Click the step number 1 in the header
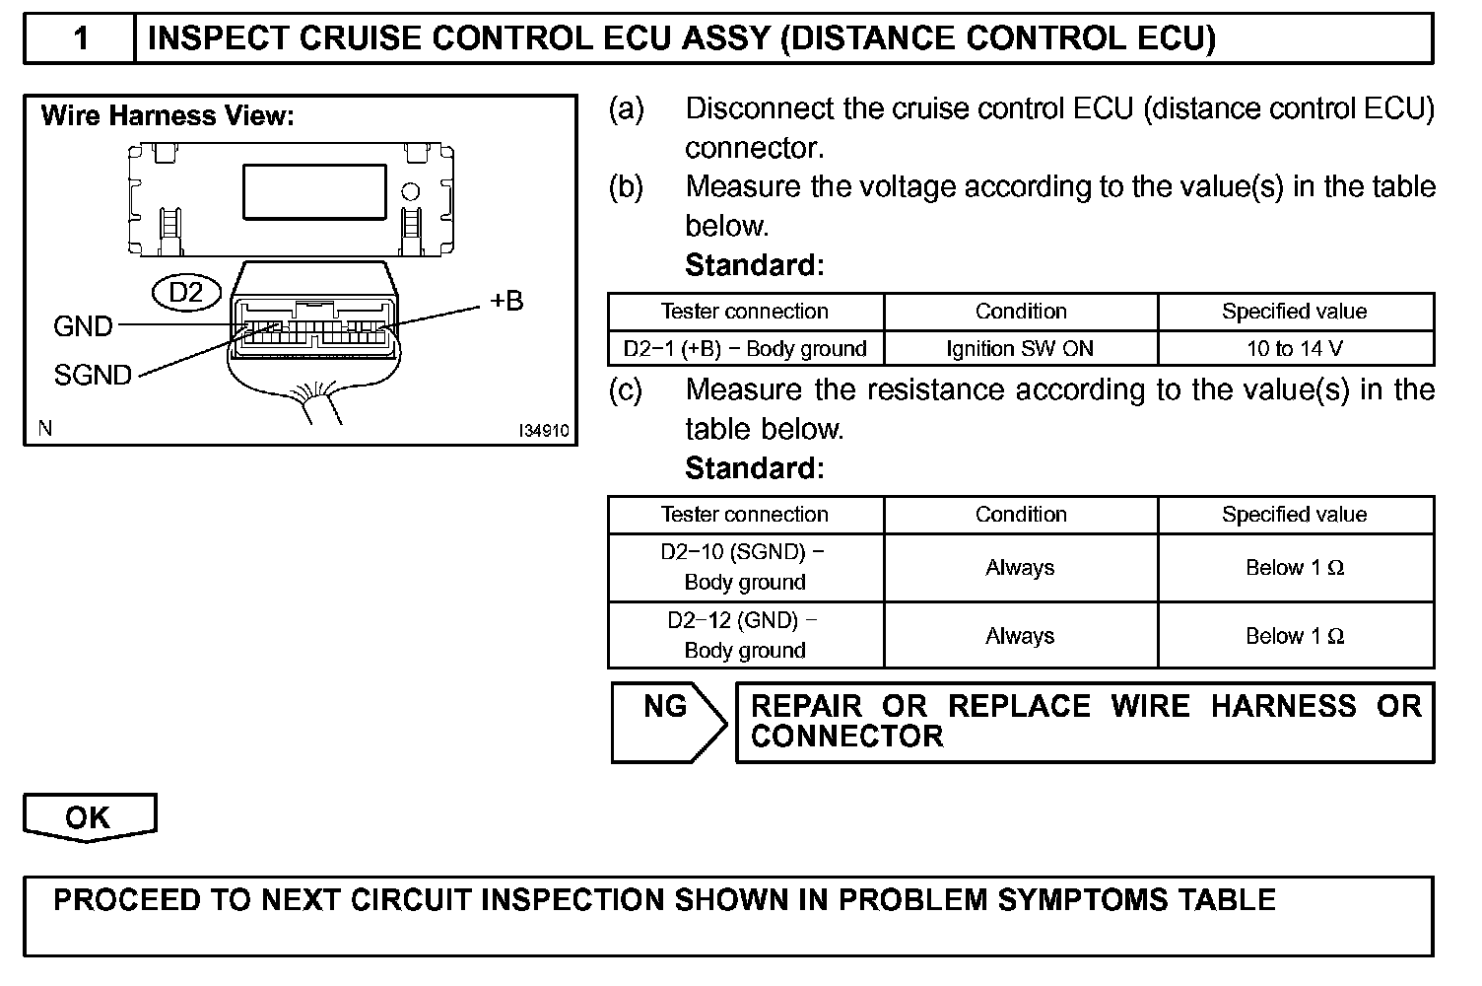click(81, 38)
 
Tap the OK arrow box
click(89, 816)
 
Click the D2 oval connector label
click(186, 292)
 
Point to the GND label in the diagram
click(83, 326)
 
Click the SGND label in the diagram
click(93, 375)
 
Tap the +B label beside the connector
click(506, 301)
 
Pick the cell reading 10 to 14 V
click(1295, 348)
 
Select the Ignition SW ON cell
click(1020, 348)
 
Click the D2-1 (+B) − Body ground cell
click(745, 348)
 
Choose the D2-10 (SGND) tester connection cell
click(745, 567)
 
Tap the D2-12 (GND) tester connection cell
click(745, 635)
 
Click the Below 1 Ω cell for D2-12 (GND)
click(1295, 636)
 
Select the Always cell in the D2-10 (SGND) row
click(1020, 568)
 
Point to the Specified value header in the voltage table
click(1295, 312)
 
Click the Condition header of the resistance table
click(1021, 515)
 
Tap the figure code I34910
click(544, 431)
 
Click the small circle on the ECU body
click(411, 191)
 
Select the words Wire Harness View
click(168, 116)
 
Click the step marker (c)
click(626, 390)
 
